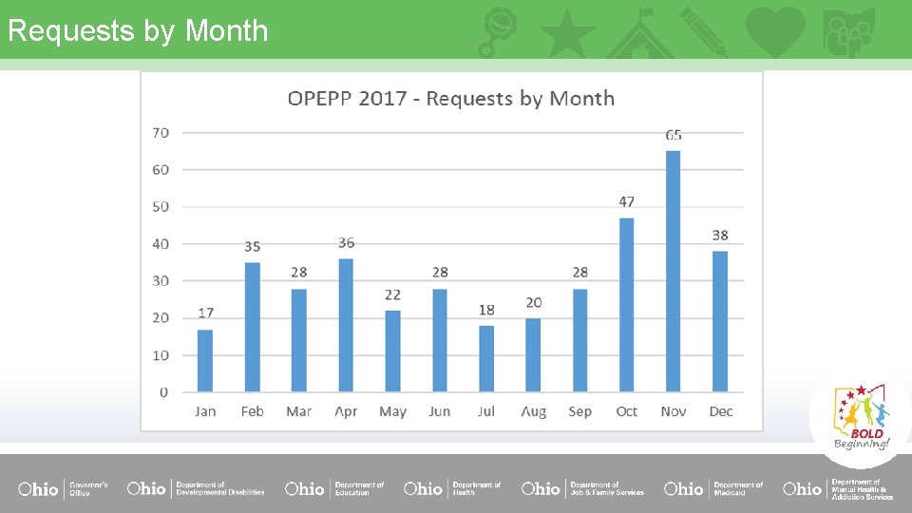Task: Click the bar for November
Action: (673, 272)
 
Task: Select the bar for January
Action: (205, 360)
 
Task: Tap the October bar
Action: (626, 305)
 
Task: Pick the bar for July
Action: (486, 358)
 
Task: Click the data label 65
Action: (674, 135)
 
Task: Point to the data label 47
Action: (626, 201)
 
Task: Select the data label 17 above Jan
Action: (206, 313)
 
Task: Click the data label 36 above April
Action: (346, 243)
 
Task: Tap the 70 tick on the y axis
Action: (161, 132)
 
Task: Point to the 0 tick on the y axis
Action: (163, 391)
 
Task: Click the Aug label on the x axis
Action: (533, 411)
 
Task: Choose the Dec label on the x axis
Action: (720, 411)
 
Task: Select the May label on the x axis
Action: (392, 411)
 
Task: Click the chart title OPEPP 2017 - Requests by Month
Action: (451, 99)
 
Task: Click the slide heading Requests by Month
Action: (138, 30)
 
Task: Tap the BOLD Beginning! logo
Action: (861, 418)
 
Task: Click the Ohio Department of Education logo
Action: (334, 488)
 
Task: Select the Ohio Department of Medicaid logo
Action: (713, 488)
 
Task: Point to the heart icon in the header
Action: (775, 31)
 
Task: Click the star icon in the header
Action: (567, 32)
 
